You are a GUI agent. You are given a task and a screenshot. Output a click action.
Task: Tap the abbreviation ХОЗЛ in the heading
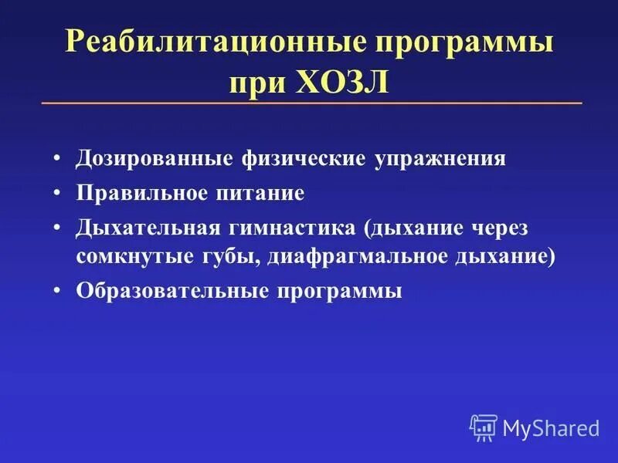click(x=341, y=80)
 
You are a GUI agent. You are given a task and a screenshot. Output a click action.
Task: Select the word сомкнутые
click(x=124, y=257)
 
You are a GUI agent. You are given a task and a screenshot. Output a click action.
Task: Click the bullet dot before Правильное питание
click(x=59, y=193)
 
